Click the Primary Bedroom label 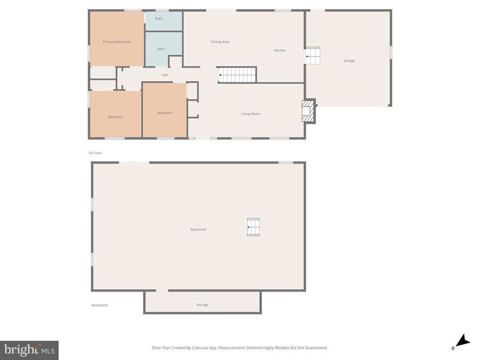pyautogui.click(x=117, y=42)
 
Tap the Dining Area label pyautogui.click(x=220, y=42)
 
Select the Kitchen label pyautogui.click(x=280, y=50)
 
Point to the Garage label pyautogui.click(x=349, y=60)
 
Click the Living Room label pyautogui.click(x=251, y=114)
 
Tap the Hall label pyautogui.click(x=165, y=75)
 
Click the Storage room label pyautogui.click(x=202, y=305)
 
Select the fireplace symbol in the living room pyautogui.click(x=308, y=112)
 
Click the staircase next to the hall pyautogui.click(x=238, y=75)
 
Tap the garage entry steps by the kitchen pyautogui.click(x=313, y=56)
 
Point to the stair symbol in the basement pyautogui.click(x=253, y=227)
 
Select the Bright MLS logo pyautogui.click(x=29, y=350)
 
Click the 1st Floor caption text pyautogui.click(x=95, y=153)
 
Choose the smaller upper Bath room pyautogui.click(x=159, y=19)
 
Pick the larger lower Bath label pyautogui.click(x=161, y=49)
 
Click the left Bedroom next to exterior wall pyautogui.click(x=115, y=117)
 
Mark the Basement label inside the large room pyautogui.click(x=198, y=229)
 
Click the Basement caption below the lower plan pyautogui.click(x=99, y=305)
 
